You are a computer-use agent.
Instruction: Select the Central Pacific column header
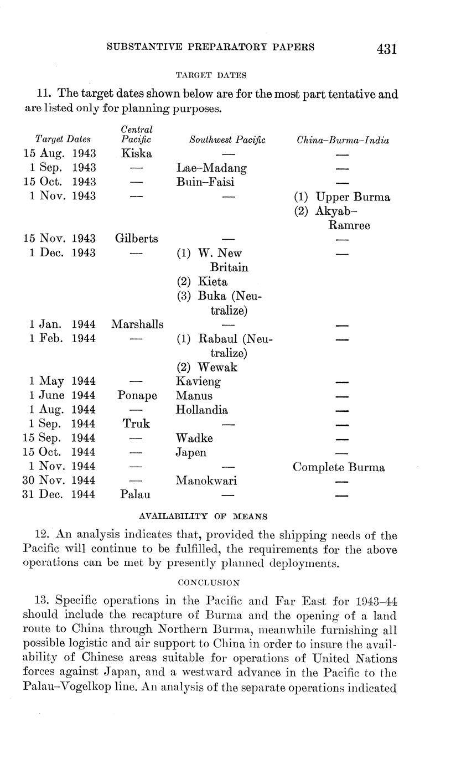click(x=136, y=135)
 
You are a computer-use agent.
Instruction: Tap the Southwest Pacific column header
click(x=227, y=140)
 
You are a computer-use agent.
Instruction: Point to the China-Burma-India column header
click(x=343, y=140)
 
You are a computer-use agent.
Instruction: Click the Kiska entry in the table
click(x=136, y=153)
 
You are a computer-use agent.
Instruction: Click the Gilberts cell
click(x=136, y=239)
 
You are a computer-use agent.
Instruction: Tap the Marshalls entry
click(x=137, y=324)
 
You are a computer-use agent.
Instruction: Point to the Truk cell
click(x=136, y=424)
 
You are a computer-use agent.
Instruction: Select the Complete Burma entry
click(x=338, y=467)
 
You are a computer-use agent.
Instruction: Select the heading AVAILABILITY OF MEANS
click(x=203, y=516)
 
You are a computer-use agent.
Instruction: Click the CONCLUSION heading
click(x=209, y=582)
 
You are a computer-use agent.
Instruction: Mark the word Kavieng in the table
click(x=198, y=381)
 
